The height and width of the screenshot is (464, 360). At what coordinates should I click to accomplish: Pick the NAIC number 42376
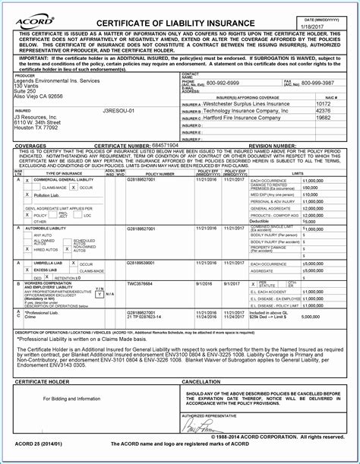click(323, 110)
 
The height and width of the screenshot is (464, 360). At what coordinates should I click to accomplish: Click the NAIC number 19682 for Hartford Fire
click(323, 118)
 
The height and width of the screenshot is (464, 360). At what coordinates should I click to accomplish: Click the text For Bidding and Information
click(71, 398)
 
